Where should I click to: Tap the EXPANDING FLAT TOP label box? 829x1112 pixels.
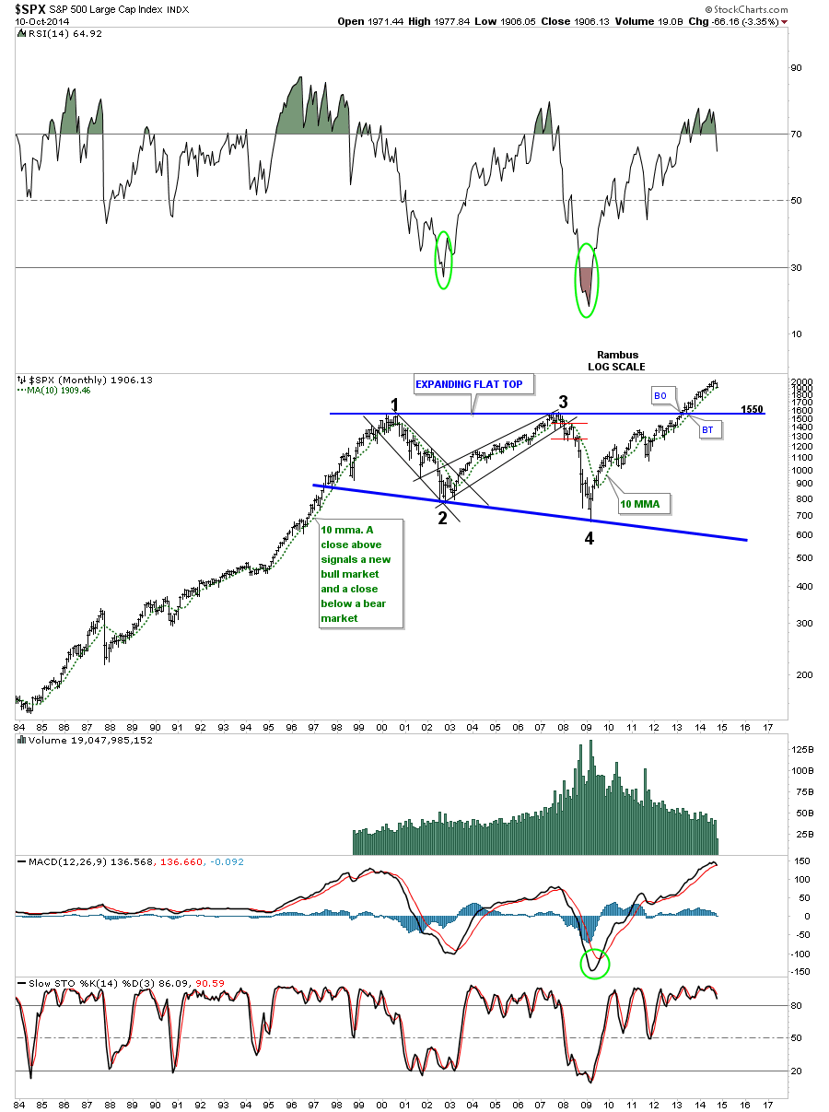(472, 384)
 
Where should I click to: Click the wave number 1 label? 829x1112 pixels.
(393, 405)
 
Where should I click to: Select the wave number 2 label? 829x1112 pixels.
(442, 518)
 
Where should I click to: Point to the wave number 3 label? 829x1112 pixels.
(563, 402)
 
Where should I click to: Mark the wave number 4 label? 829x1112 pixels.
(589, 537)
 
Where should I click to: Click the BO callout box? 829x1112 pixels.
(660, 394)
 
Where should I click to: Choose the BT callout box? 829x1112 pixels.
(707, 429)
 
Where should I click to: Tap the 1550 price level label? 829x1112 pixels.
(752, 409)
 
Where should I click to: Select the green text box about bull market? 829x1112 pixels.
(360, 574)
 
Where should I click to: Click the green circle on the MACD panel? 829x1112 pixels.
(594, 963)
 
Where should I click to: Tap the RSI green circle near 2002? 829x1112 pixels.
(443, 259)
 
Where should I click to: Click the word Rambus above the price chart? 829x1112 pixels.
(616, 355)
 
